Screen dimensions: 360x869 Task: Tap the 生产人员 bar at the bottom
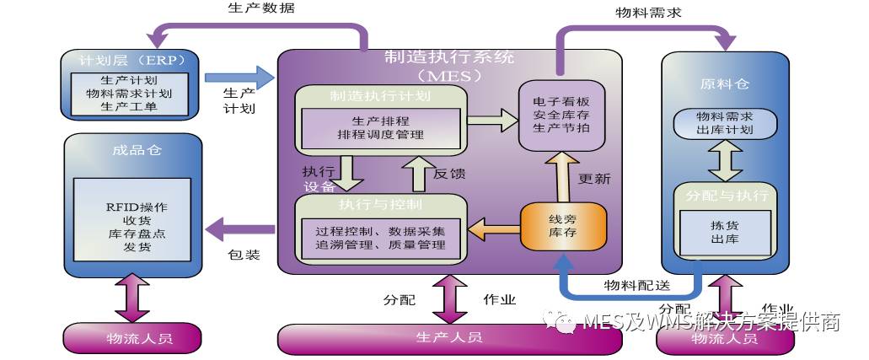pos(448,337)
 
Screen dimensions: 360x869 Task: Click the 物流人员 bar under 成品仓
pos(132,338)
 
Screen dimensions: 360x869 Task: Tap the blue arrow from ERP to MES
pos(240,78)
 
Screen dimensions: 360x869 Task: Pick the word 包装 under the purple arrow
pos(244,254)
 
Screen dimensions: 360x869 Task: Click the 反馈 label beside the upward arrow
pos(449,174)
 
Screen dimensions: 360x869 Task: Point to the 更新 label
pos(594,179)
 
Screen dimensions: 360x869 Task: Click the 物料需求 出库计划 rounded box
pos(724,123)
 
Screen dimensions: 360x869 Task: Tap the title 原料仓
pos(724,84)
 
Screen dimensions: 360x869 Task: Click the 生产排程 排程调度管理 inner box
pos(380,126)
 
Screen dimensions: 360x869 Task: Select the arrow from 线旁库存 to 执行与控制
pos(492,226)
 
